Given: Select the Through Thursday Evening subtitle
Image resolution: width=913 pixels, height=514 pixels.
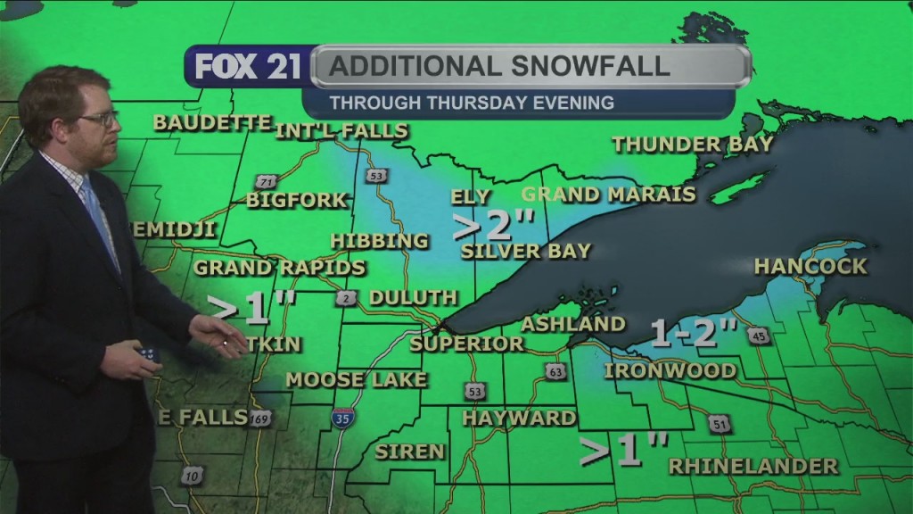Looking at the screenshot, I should pyautogui.click(x=472, y=103).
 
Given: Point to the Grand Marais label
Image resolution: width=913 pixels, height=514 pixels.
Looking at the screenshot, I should pyautogui.click(x=608, y=194).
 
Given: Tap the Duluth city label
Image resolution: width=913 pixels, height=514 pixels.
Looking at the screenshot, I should pyautogui.click(x=413, y=297).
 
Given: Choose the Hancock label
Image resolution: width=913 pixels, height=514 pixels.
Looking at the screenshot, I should pyautogui.click(x=810, y=266).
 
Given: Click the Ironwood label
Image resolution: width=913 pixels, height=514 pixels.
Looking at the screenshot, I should pyautogui.click(x=670, y=370).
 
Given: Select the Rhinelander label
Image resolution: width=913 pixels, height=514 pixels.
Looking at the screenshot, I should pyautogui.click(x=753, y=466).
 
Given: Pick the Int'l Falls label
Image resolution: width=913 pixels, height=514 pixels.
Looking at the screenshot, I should pyautogui.click(x=341, y=131).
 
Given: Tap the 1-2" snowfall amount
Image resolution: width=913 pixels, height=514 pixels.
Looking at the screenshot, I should pyautogui.click(x=694, y=332).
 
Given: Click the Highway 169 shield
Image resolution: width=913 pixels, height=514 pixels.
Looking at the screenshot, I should pyautogui.click(x=260, y=418).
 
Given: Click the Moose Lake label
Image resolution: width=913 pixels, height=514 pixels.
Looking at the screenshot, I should pyautogui.click(x=357, y=379).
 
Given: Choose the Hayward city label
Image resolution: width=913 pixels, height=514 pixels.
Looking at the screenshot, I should pyautogui.click(x=519, y=418).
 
